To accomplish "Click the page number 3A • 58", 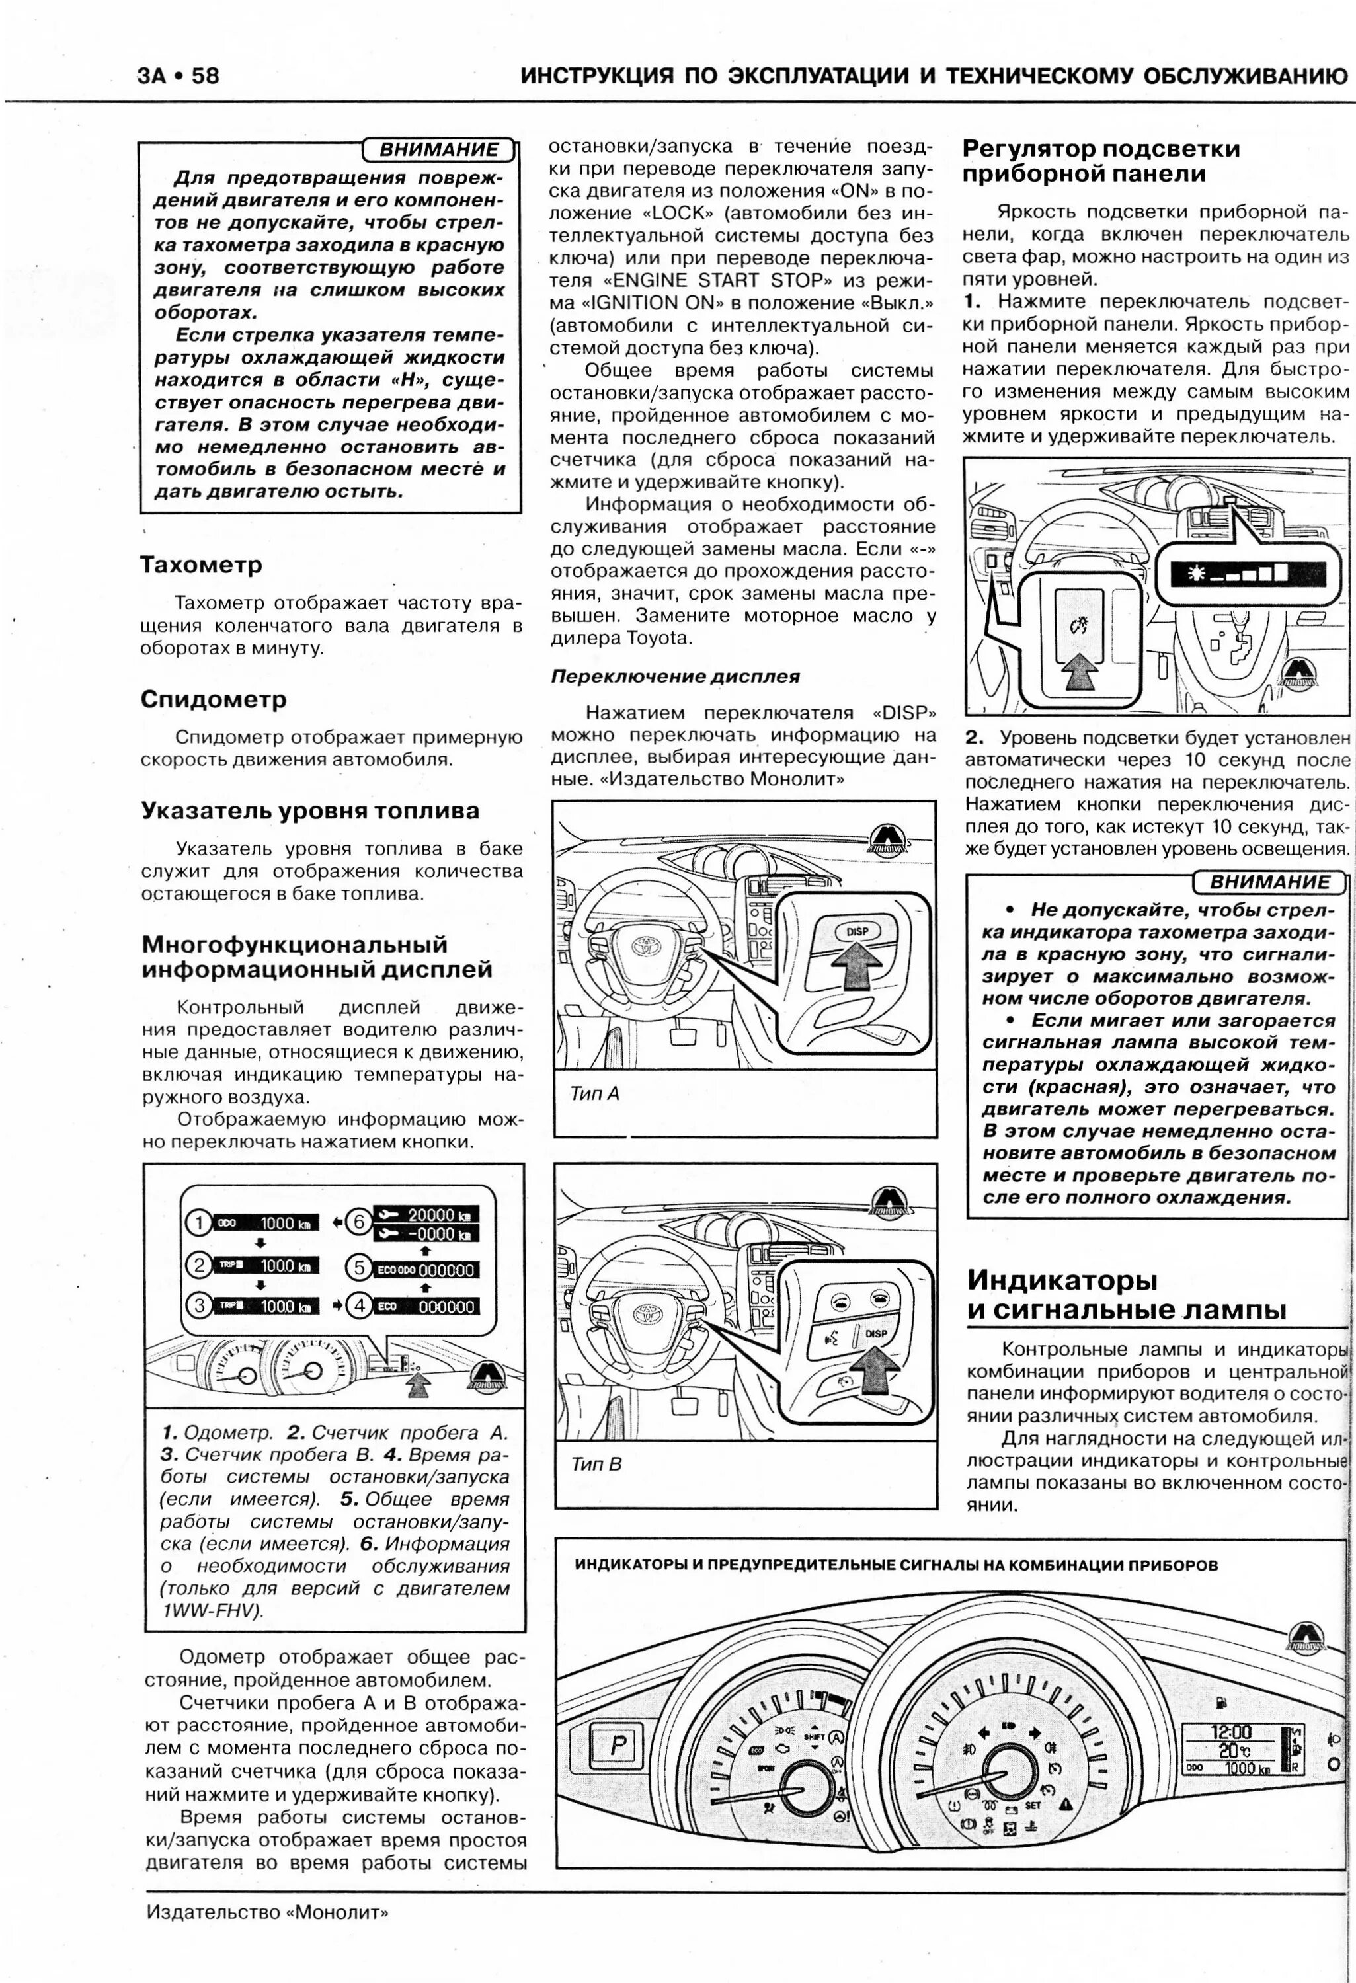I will [x=177, y=77].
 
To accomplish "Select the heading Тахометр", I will [x=202, y=565].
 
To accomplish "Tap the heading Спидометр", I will [x=214, y=700].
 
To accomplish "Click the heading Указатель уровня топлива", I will [x=310, y=810].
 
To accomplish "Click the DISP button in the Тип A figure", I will [x=857, y=932].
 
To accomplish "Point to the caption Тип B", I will [x=596, y=1464].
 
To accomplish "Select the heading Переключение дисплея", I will [x=675, y=677].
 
